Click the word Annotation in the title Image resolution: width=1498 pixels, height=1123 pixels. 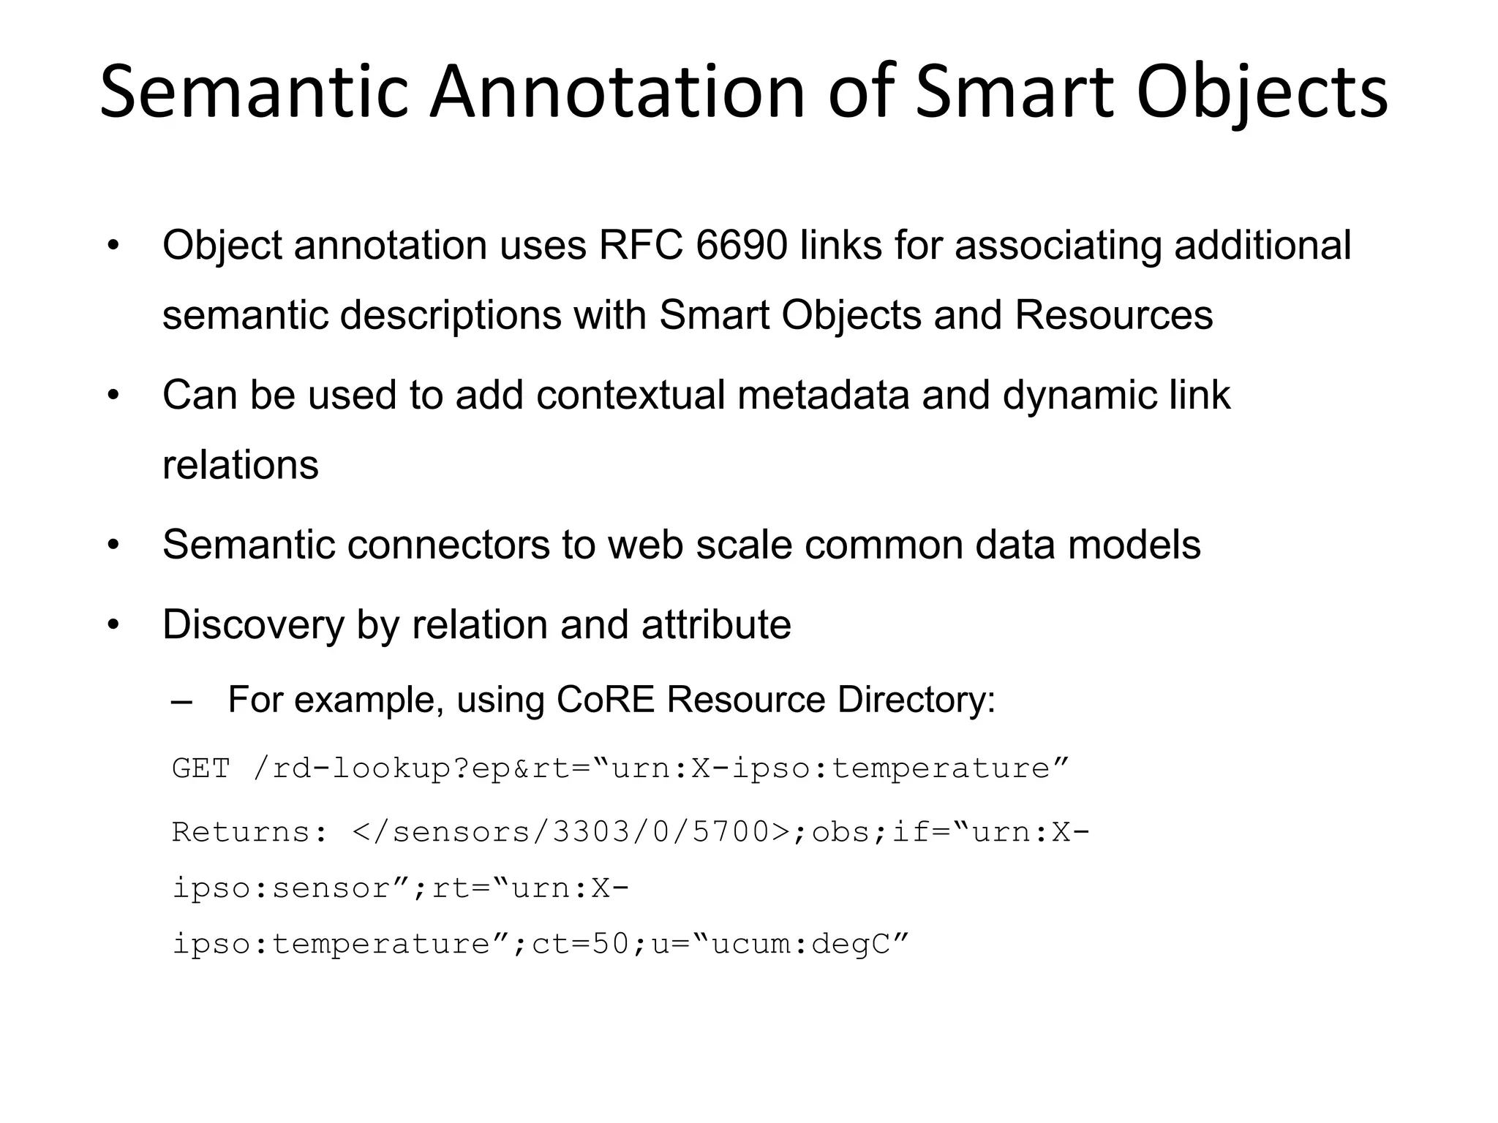pos(616,93)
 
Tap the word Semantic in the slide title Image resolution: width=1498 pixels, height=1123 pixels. pos(253,93)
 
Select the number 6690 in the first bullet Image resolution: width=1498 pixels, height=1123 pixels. pos(742,245)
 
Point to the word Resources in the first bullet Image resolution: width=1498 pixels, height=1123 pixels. pos(1113,315)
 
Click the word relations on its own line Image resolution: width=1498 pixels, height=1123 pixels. pos(241,465)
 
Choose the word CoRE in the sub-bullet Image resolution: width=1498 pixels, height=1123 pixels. pos(605,700)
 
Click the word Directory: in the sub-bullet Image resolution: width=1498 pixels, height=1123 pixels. pos(917,700)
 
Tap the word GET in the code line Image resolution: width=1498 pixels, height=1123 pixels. pos(200,768)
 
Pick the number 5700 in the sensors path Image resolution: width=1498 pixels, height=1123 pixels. pos(731,832)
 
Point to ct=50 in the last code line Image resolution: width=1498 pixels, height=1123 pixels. pos(580,944)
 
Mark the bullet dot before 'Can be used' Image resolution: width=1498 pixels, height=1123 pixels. pos(113,396)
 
